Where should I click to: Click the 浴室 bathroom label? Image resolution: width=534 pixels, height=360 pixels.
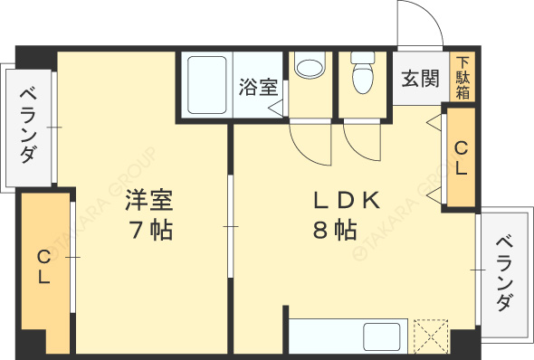258,88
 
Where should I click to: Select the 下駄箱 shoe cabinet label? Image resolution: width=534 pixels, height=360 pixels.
462,78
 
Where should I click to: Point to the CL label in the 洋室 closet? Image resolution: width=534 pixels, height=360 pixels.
43,269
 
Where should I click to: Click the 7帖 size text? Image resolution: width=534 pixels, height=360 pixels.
149,230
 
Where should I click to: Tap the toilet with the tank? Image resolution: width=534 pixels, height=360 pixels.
363,72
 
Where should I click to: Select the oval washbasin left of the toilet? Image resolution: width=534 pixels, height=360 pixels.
310,68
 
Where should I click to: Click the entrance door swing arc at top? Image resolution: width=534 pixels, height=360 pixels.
419,23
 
